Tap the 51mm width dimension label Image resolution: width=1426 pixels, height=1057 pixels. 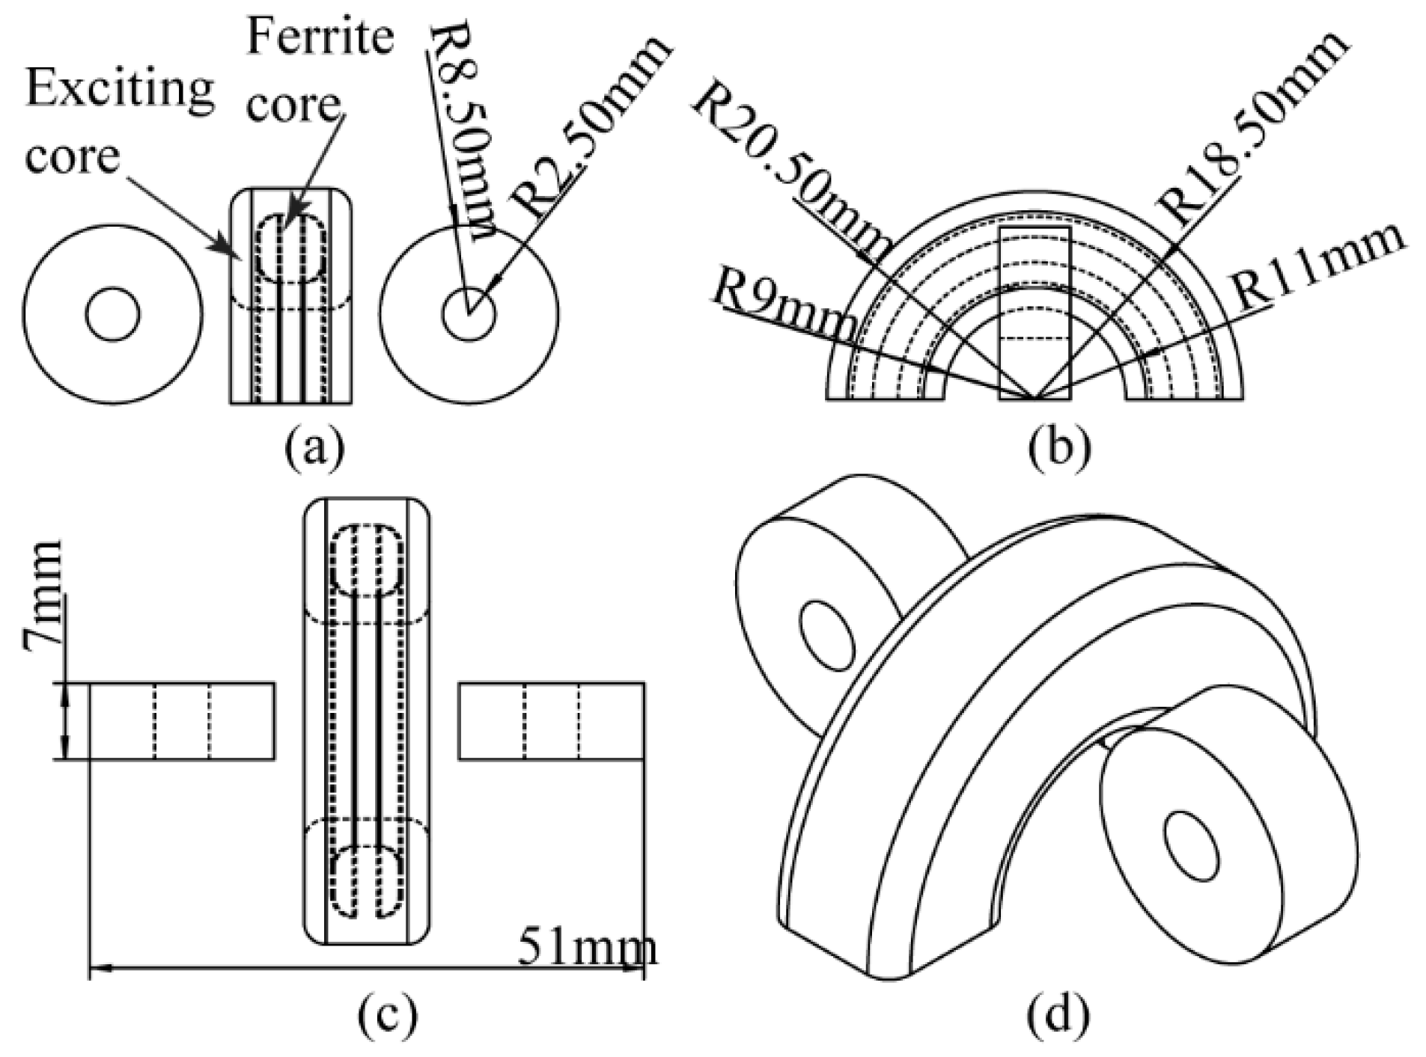tap(587, 947)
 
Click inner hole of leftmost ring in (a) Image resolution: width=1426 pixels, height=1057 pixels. tap(112, 314)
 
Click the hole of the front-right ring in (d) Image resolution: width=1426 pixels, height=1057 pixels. tap(1193, 845)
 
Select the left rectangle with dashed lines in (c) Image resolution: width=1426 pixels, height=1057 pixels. tap(182, 721)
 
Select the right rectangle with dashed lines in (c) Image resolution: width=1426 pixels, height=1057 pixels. tap(552, 721)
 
